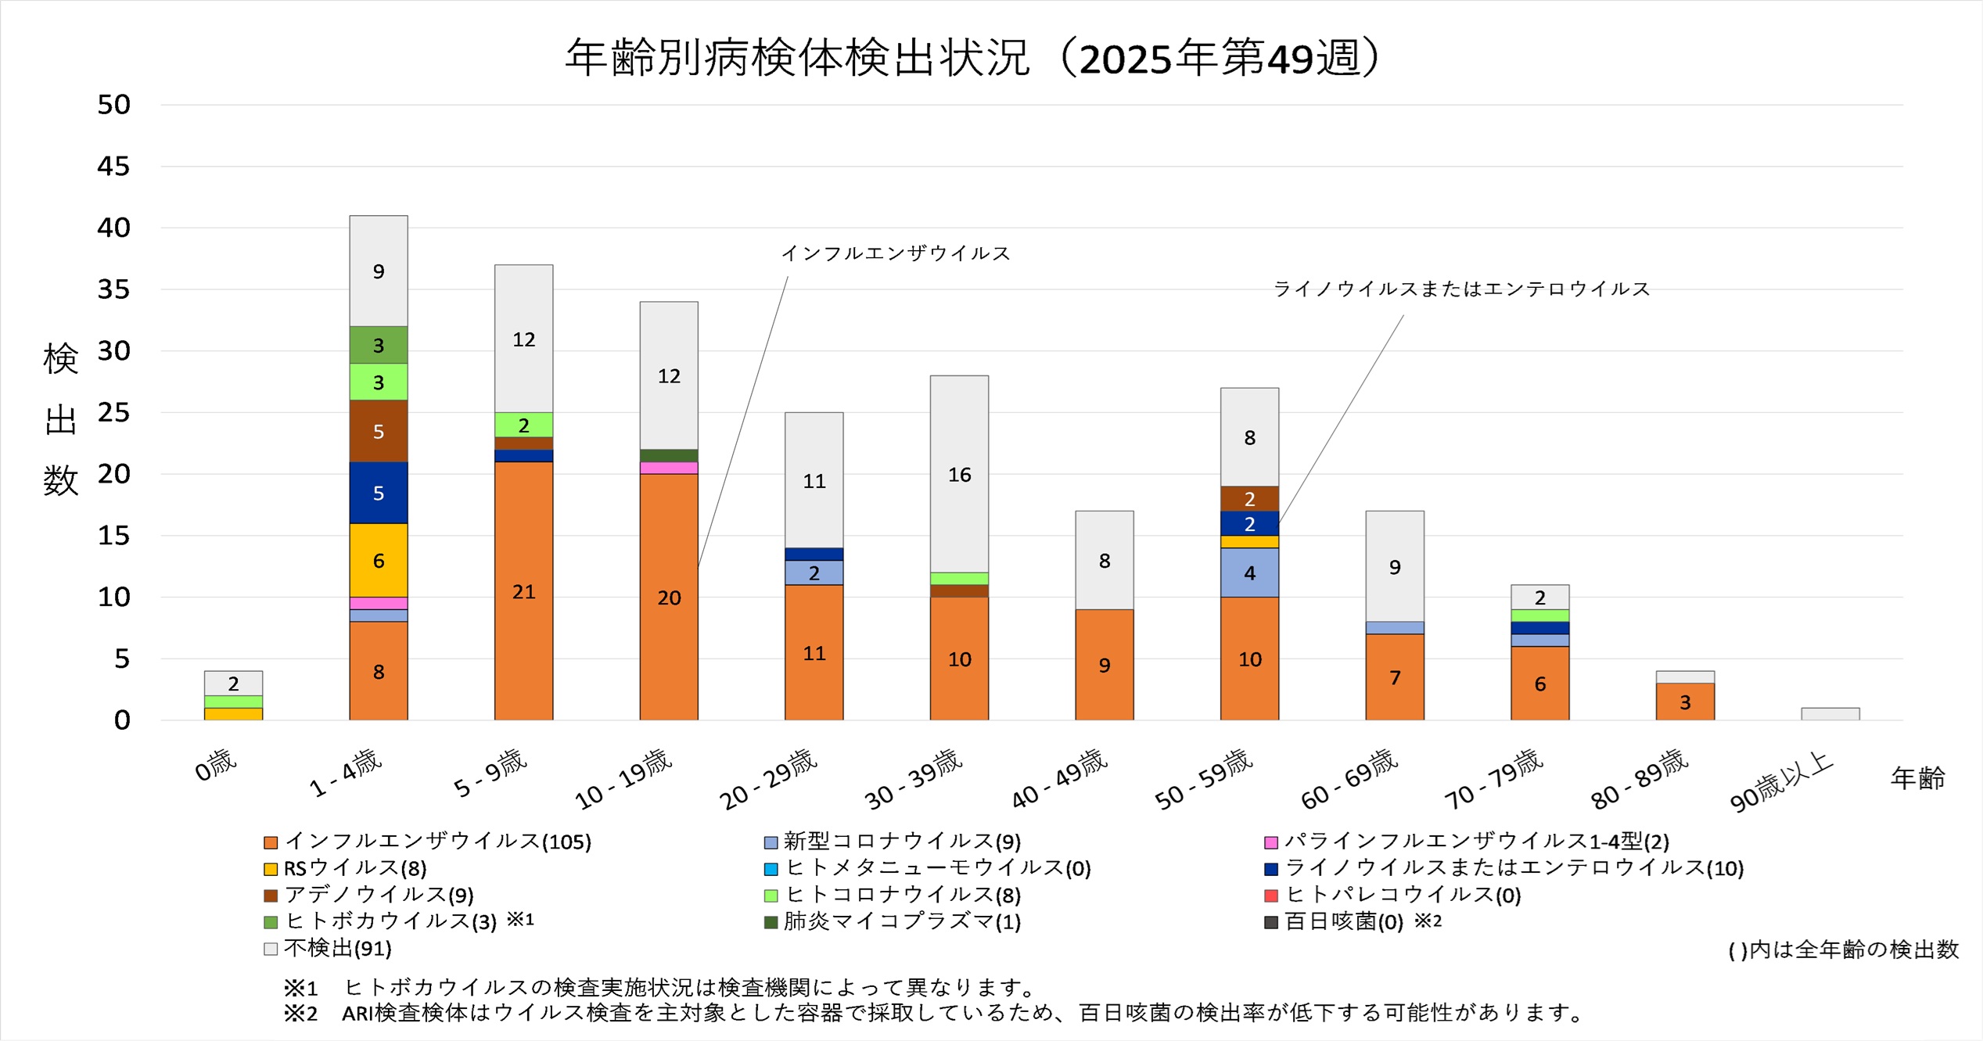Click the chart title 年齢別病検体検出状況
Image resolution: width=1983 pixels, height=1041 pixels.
click(x=798, y=58)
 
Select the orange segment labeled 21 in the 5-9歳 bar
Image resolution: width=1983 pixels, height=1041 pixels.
click(x=523, y=590)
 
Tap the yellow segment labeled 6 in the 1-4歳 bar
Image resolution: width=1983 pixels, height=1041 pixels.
click(x=378, y=560)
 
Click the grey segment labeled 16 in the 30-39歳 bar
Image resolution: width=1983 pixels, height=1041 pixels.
click(x=959, y=474)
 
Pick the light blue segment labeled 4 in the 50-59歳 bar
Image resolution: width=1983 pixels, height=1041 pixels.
click(x=1249, y=573)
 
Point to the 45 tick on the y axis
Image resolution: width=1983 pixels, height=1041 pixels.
click(x=113, y=166)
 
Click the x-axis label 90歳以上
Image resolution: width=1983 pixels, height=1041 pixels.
click(x=1781, y=781)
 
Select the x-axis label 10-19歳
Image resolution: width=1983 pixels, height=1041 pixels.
click(x=623, y=779)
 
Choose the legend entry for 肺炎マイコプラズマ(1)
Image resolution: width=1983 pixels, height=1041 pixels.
click(x=893, y=921)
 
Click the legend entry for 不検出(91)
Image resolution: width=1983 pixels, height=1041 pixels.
click(x=329, y=949)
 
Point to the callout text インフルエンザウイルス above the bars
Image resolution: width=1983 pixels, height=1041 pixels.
click(x=896, y=253)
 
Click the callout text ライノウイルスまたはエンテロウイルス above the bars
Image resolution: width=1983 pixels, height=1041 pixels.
click(x=1461, y=289)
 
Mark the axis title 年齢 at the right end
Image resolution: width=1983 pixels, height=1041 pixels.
click(x=1917, y=778)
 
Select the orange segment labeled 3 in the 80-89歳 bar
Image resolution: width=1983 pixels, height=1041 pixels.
click(x=1685, y=702)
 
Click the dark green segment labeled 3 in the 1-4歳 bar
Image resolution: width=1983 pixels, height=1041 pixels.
click(x=378, y=345)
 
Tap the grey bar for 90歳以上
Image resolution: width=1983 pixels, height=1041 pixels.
click(x=1830, y=713)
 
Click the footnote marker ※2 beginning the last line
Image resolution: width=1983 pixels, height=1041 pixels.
click(x=300, y=1014)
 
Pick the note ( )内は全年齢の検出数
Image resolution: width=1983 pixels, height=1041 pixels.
click(x=1842, y=949)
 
